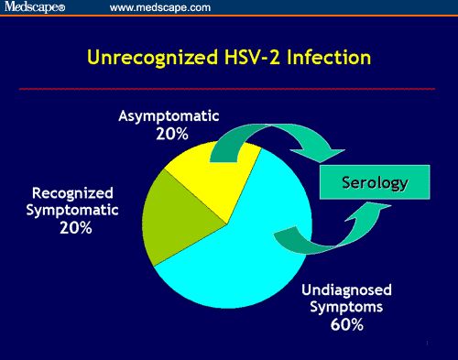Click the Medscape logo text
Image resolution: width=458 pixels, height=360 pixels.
click(x=34, y=8)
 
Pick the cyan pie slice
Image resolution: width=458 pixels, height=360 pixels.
click(x=247, y=247)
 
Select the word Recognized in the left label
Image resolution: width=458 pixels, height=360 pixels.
click(x=72, y=193)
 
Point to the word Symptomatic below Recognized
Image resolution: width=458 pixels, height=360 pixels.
click(x=72, y=210)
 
